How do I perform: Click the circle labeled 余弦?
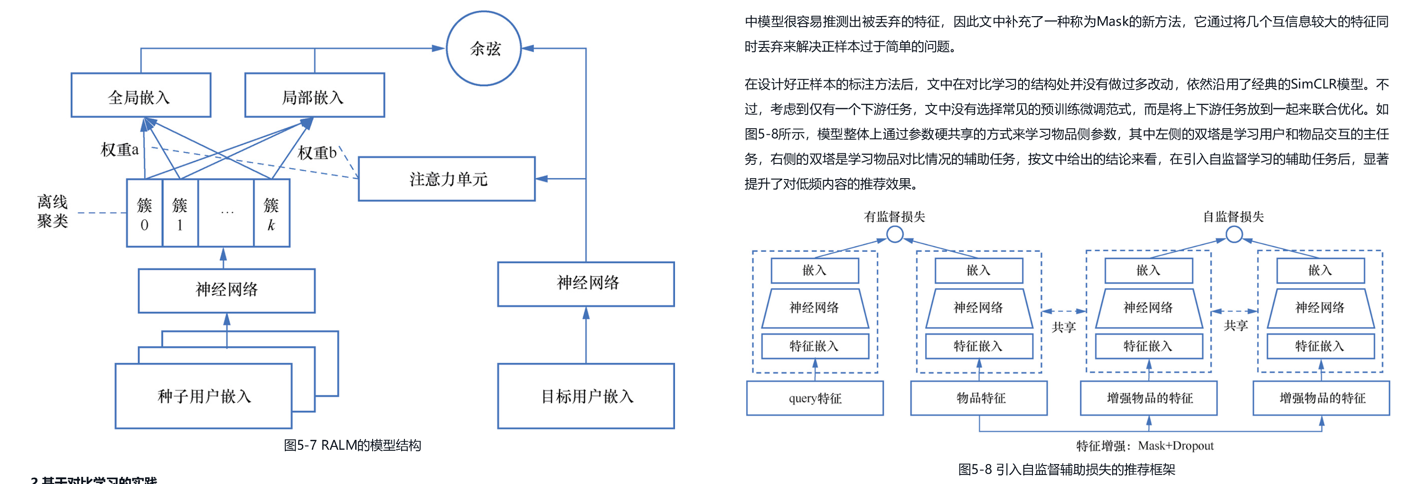pos(484,48)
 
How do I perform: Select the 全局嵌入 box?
pos(141,95)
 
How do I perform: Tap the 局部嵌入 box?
pos(314,95)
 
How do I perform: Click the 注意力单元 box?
pos(446,179)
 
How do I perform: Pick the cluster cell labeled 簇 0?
pos(144,213)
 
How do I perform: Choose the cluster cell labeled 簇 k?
pos(271,213)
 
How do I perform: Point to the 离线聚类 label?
pos(52,211)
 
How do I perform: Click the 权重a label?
pos(119,149)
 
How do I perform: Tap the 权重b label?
pos(317,152)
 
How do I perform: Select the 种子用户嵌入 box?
pos(204,396)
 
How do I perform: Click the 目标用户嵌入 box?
pos(586,396)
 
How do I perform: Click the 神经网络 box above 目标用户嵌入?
pos(586,284)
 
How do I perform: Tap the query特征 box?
pos(815,398)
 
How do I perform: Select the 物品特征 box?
pos(979,398)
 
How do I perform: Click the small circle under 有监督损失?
pos(895,235)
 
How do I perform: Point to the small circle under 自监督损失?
pos(1234,235)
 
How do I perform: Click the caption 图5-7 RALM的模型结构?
pos(352,445)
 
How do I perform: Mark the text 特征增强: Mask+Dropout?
pos(1145,446)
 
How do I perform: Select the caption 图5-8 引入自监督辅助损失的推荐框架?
pos(1067,469)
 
